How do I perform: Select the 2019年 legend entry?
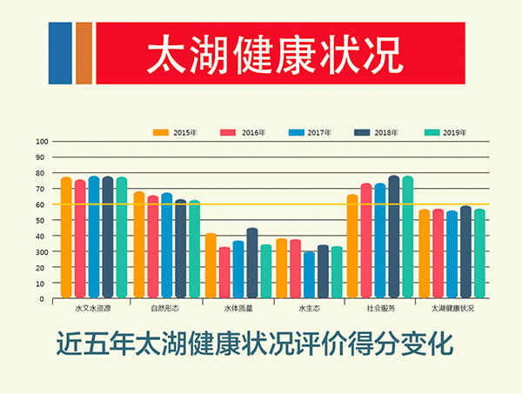click(x=455, y=132)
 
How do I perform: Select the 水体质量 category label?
click(x=238, y=309)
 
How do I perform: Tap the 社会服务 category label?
click(x=380, y=309)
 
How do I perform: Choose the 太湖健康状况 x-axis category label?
click(x=452, y=309)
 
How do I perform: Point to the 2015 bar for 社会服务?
click(x=352, y=247)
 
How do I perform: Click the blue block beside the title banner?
click(x=60, y=53)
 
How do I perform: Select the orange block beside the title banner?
click(x=84, y=53)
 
